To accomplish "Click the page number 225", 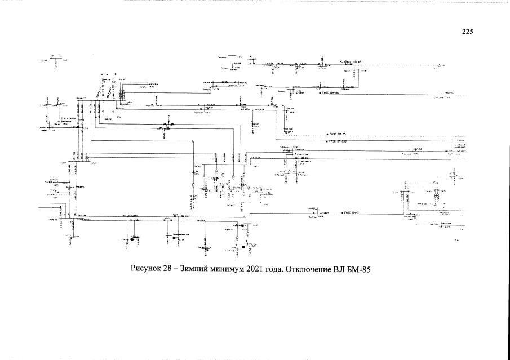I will [467, 32].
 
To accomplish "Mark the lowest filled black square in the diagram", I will [238, 247].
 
